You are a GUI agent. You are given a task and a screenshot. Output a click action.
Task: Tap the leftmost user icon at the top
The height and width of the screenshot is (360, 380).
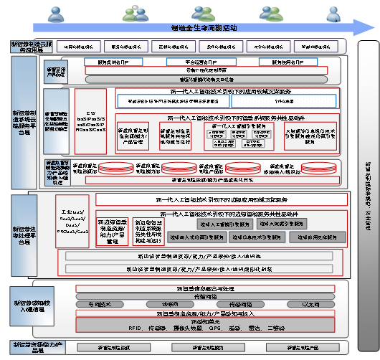(x=56, y=12)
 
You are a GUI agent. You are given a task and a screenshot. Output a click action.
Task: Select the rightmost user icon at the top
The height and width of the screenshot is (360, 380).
(x=332, y=12)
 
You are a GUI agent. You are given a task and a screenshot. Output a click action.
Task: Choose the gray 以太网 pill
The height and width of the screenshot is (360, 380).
(x=309, y=304)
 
